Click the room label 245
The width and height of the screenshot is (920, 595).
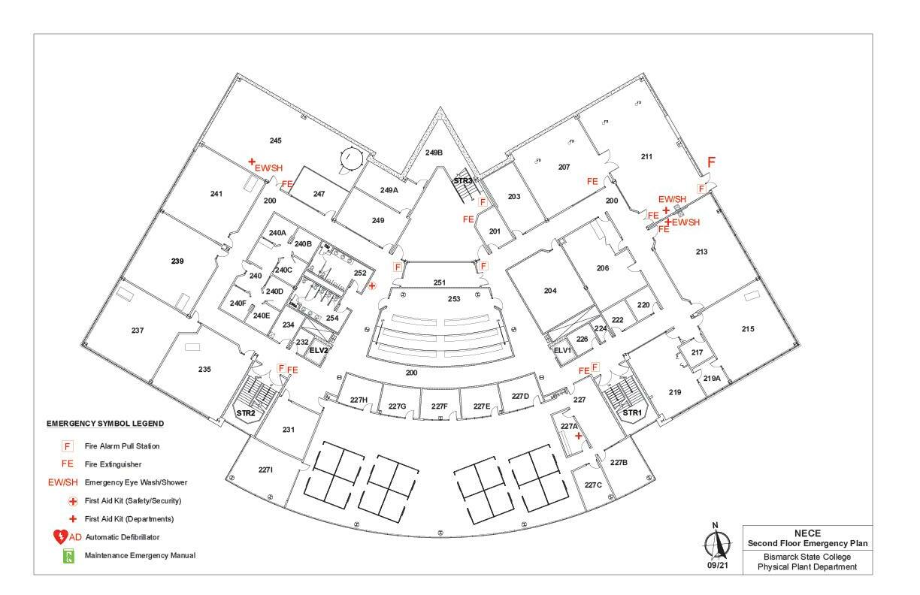275,140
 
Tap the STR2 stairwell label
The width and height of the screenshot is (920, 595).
246,413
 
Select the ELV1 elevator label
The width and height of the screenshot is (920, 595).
563,350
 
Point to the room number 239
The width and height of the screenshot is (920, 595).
177,261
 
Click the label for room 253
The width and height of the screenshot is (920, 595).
454,299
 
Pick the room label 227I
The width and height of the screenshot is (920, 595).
265,470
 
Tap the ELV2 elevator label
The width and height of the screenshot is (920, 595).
319,350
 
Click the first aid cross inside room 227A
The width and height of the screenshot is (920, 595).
578,436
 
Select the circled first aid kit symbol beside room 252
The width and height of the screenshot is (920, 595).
371,285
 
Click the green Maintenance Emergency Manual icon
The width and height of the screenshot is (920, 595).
68,556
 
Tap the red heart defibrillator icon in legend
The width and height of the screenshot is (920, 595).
60,537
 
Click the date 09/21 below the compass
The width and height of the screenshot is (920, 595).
718,566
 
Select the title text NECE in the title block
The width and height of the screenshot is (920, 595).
807,533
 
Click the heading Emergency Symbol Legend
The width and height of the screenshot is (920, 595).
105,424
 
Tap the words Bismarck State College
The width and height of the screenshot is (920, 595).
807,557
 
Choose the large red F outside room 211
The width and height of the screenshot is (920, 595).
711,162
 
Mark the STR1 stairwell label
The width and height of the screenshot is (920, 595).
631,412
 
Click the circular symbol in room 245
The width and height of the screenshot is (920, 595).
350,159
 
